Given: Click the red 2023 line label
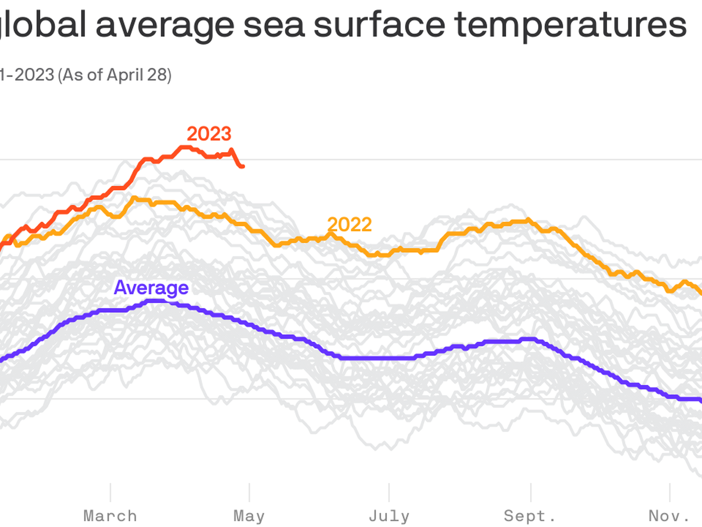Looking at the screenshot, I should point(209,134).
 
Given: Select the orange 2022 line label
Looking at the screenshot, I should point(350,225).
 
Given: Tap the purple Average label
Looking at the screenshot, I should point(151,288).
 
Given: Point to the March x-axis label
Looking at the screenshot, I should point(110,516).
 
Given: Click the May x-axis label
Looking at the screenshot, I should point(249,516).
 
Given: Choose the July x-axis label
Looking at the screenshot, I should point(389,516).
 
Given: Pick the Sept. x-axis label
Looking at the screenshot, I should point(530,516).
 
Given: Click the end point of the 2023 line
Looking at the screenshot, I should point(242,166).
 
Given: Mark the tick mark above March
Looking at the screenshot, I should point(110,492).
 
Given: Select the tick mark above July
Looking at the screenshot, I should point(389,492).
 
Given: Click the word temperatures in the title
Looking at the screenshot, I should point(570,25).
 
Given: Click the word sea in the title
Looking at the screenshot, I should point(274,25).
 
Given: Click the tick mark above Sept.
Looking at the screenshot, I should point(530,492).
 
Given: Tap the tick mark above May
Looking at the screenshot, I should point(249,492).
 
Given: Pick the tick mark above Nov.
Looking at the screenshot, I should point(670,492).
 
